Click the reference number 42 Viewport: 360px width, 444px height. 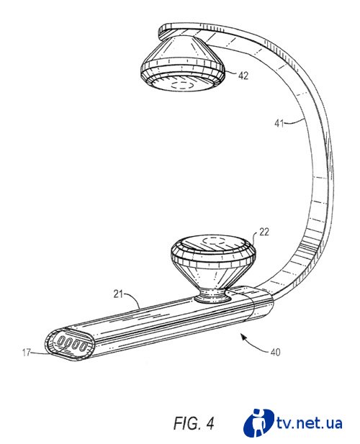click(243, 76)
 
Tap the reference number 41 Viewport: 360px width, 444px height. click(279, 124)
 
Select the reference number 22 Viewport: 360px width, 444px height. click(264, 232)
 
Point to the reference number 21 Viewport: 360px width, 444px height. click(118, 294)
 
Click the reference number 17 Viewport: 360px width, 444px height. click(27, 353)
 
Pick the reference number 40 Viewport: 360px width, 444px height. click(275, 352)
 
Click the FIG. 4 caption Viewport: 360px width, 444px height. click(194, 423)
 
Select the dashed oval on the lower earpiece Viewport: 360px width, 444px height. click(215, 242)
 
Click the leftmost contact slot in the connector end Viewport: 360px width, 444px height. click(61, 341)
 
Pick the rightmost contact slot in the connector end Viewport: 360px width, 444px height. click(84, 347)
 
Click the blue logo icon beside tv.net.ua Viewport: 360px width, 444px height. click(258, 422)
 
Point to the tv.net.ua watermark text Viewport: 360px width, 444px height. click(309, 423)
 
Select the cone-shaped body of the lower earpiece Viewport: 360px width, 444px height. click(213, 276)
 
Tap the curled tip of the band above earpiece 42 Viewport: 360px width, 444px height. click(161, 30)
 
